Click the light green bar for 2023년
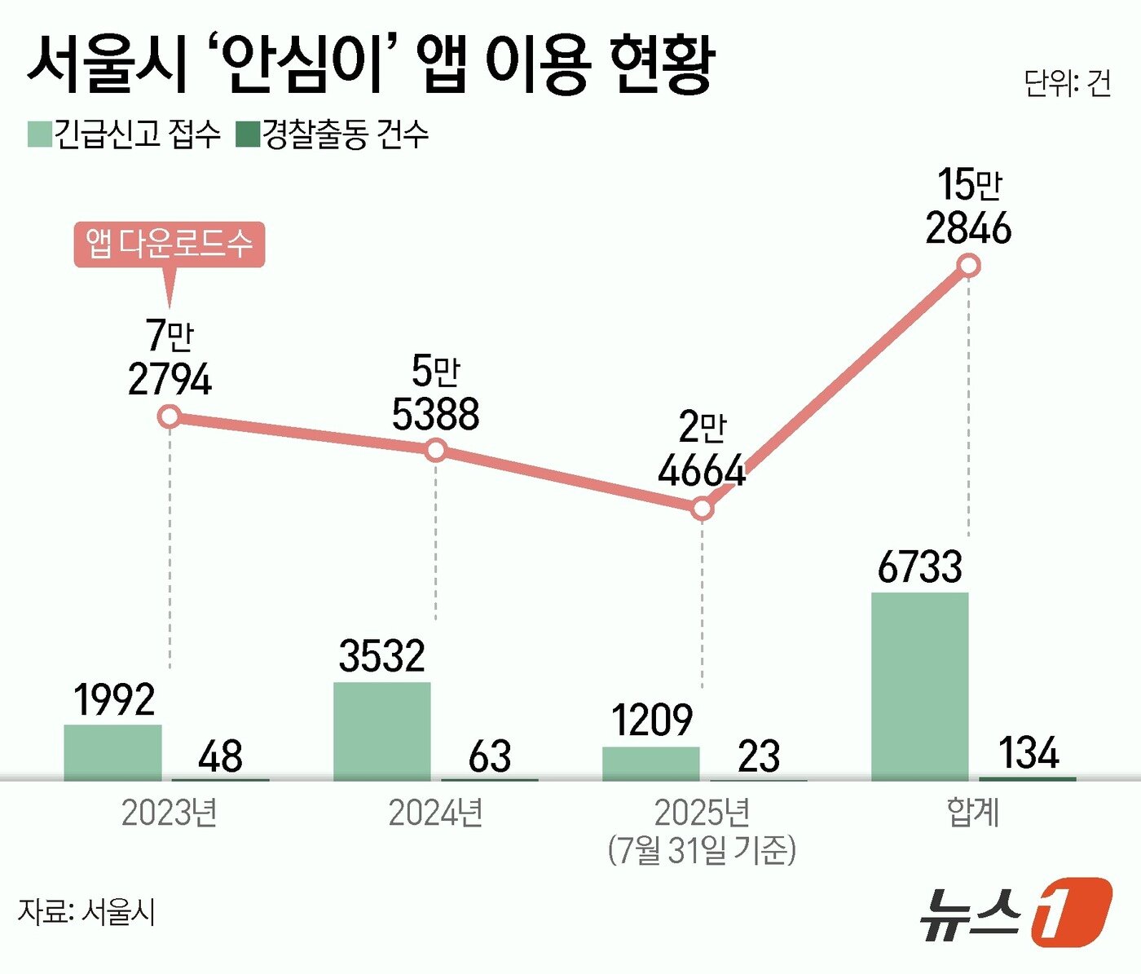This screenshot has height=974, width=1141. (112, 752)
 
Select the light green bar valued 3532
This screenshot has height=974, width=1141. (381, 731)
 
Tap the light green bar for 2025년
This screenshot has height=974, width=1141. (650, 764)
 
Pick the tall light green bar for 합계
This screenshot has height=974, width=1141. (919, 686)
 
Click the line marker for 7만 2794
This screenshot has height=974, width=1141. (170, 417)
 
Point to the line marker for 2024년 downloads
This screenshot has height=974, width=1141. (436, 450)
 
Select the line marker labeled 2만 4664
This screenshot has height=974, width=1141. (703, 509)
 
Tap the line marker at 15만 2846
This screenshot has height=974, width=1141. (969, 266)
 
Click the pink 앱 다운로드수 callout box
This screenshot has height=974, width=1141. (170, 244)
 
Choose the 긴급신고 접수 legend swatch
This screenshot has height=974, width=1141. (40, 134)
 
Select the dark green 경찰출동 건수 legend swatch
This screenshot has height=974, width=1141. (247, 134)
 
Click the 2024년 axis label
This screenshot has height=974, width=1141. (436, 813)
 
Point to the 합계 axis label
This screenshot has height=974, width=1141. (972, 813)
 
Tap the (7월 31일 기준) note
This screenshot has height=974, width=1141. (702, 850)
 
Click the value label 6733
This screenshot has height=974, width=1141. (919, 567)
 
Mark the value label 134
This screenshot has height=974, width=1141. (1029, 752)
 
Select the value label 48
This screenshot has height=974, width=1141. (220, 756)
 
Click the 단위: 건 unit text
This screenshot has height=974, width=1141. (1067, 83)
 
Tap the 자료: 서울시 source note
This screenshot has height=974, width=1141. (86, 911)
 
